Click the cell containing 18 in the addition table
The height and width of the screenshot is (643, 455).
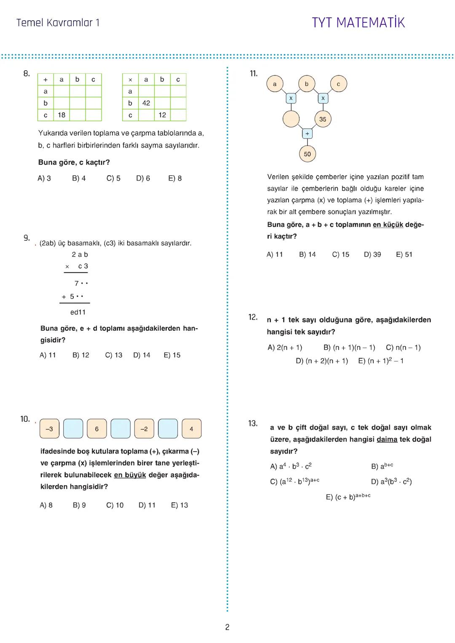coord(62,115)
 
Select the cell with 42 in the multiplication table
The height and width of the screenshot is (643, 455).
coord(146,103)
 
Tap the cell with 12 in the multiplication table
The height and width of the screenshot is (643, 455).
coord(162,115)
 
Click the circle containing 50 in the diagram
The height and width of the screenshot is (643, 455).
coord(307,154)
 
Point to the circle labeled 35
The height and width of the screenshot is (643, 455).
coord(323,119)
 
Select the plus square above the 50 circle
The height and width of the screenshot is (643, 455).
coord(307,134)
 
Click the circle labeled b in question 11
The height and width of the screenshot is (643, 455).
coord(306,84)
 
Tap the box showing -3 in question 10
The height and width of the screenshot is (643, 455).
coord(49,429)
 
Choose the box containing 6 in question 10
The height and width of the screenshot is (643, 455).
coord(97,429)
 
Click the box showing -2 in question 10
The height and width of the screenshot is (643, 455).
coord(144,429)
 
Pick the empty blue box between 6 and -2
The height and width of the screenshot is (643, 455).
coord(120,429)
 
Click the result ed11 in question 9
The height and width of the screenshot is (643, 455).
coord(78,312)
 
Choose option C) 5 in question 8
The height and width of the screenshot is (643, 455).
coord(113,178)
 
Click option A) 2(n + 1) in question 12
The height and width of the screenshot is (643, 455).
coord(285,348)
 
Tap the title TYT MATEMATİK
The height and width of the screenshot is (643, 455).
coord(358,22)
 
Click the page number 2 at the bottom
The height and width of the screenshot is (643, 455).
coord(227,627)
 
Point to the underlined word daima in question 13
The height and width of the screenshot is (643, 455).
coord(387,439)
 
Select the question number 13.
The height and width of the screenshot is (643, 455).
coord(252,423)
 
